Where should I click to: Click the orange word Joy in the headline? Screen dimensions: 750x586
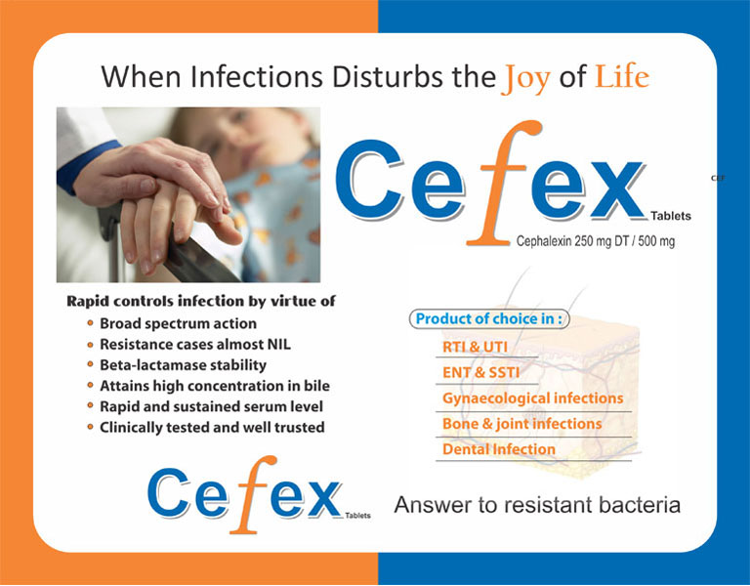point(526,79)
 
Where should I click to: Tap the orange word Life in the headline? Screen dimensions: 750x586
point(622,76)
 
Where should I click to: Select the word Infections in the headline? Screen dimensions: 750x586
point(257,76)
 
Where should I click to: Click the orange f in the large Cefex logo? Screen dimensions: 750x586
point(502,183)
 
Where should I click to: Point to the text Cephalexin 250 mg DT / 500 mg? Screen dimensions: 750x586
point(596,241)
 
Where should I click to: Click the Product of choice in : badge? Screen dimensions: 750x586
point(489,319)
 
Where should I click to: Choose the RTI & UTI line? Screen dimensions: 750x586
point(475,347)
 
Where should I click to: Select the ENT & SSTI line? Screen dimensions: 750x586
point(480,373)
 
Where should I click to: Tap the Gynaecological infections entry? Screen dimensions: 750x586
point(533,398)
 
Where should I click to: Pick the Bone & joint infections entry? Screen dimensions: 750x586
point(521,424)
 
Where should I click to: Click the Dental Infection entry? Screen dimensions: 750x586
point(499,449)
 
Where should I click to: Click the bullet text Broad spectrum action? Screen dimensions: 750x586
point(178,324)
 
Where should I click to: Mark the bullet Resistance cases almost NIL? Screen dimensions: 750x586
point(195,345)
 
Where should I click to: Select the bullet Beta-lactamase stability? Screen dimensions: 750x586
point(183,365)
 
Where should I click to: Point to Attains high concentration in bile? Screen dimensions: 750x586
point(214,386)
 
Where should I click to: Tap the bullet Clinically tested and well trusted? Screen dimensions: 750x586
point(212,427)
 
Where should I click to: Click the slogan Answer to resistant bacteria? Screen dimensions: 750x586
point(537,505)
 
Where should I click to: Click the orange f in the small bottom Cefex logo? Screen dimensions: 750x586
point(252,494)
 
